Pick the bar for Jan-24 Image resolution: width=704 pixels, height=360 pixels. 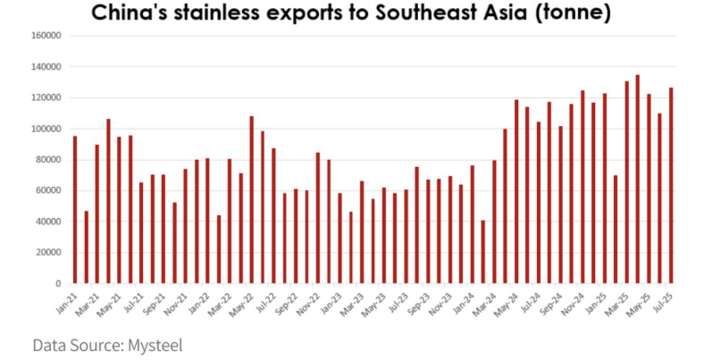[473, 224]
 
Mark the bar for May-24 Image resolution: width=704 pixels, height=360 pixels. [516, 191]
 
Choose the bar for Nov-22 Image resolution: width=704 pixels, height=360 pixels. [318, 218]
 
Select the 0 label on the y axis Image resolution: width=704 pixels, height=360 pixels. [57, 283]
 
